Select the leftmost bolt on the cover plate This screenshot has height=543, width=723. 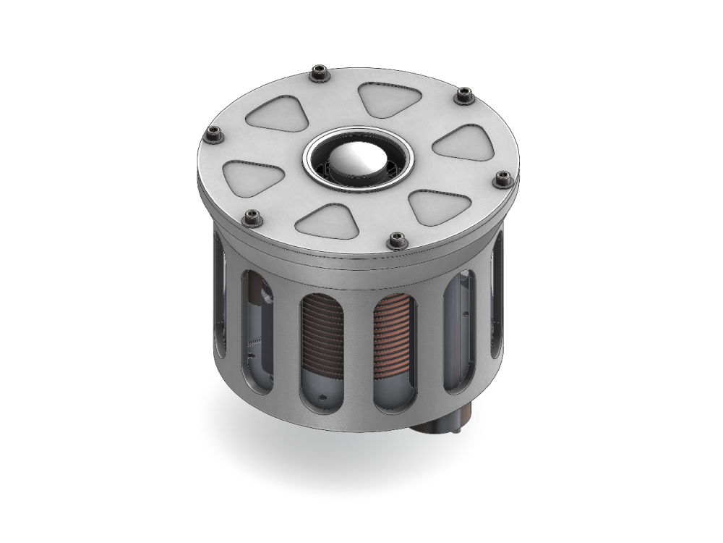[213, 134]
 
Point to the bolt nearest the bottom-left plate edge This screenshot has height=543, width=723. [251, 216]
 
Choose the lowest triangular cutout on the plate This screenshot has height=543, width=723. [334, 221]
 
